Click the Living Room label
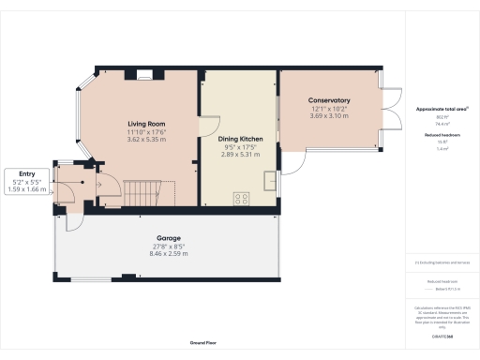click(x=145, y=123)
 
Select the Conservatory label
click(x=330, y=100)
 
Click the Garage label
click(x=168, y=238)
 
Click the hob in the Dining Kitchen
click(x=242, y=198)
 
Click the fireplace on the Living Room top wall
click(x=143, y=73)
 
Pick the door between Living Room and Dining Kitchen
click(x=208, y=127)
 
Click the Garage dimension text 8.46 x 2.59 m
click(x=168, y=253)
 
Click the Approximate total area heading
click(x=441, y=109)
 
